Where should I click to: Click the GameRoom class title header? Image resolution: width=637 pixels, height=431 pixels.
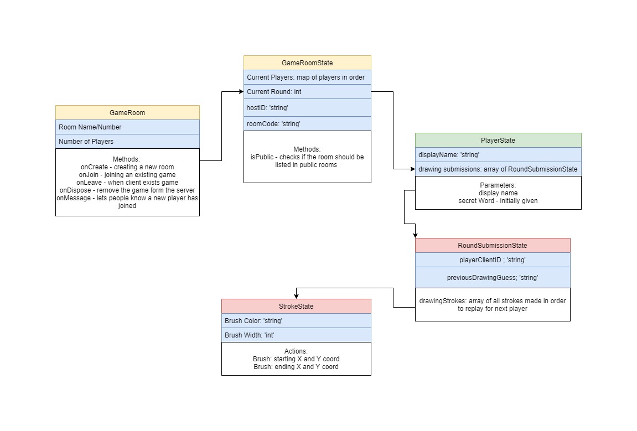point(127,112)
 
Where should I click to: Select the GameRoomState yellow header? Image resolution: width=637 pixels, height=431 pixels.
point(307,63)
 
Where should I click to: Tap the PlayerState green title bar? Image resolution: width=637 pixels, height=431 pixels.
point(498,140)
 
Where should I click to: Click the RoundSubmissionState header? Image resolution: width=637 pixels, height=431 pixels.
point(493,245)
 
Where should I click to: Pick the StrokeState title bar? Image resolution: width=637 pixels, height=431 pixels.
point(296,306)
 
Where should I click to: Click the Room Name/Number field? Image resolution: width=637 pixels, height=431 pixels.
point(127,127)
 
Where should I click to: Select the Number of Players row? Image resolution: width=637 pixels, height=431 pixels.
point(127,141)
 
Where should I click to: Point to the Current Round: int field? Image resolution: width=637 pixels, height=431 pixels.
point(307,91)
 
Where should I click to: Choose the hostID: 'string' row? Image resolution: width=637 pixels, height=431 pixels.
point(307,107)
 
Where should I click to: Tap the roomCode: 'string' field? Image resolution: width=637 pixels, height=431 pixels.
point(307,123)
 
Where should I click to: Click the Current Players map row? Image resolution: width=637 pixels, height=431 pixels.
point(307,77)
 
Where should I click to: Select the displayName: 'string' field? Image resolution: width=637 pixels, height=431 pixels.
point(498,154)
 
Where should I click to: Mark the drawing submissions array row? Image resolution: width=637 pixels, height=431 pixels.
point(498,169)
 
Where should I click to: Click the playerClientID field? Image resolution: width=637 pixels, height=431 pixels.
point(493,259)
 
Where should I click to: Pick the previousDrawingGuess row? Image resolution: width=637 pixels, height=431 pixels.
point(493,277)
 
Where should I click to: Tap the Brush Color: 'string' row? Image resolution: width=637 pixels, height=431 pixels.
point(296,320)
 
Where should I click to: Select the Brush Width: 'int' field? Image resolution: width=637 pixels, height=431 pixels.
point(296,335)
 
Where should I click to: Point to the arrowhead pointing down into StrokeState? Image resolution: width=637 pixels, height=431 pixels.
point(296,295)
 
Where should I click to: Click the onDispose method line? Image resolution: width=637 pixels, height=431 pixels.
point(127,190)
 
